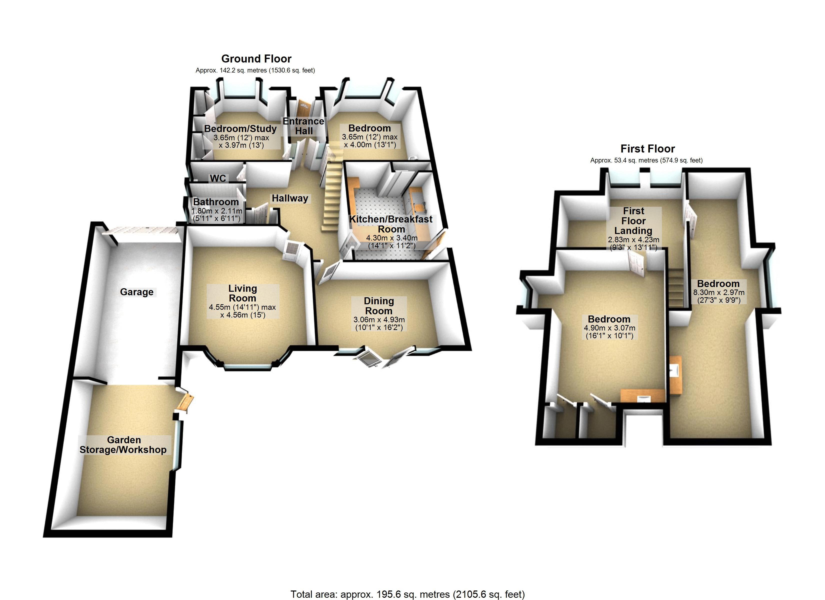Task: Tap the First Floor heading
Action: point(647,148)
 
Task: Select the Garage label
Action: point(136,292)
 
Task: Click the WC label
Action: point(218,178)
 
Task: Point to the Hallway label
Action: point(290,198)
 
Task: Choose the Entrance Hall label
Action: point(303,126)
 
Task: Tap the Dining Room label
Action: point(379,306)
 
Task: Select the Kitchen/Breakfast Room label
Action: point(391,224)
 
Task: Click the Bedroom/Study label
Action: point(240,128)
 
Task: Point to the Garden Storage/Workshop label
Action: point(123,445)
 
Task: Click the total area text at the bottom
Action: point(407,594)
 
